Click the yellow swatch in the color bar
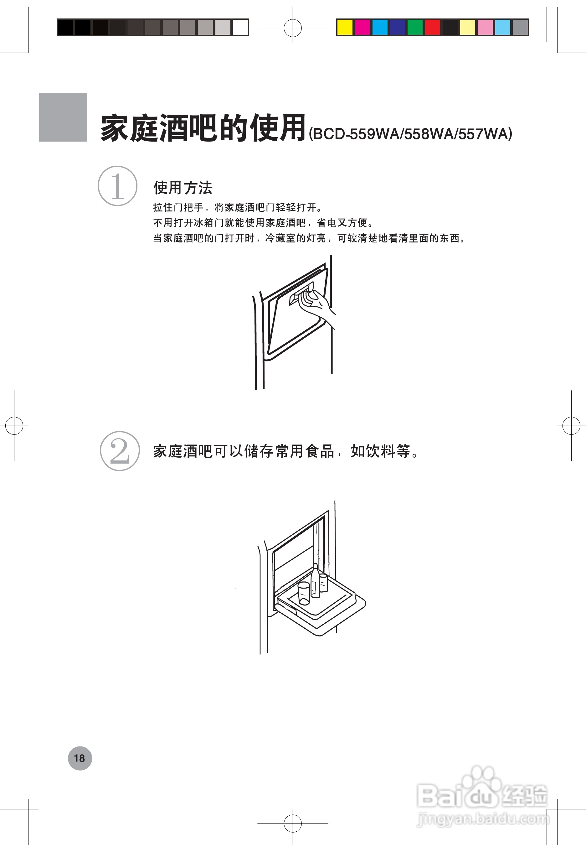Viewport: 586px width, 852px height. pos(345,28)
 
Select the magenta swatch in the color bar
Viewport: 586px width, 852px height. pos(362,28)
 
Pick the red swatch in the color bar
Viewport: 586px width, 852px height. pos(433,28)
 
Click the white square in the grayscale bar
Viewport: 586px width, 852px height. pos(240,28)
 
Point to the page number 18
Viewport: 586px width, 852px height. pos(80,758)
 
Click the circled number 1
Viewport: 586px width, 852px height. pos(117,186)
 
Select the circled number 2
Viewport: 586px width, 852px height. pos(120,451)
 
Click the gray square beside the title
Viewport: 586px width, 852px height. pos(63,117)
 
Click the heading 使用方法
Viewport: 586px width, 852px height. pos(183,188)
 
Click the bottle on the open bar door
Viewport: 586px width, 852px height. pos(315,580)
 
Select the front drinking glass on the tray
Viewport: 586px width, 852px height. pos(304,593)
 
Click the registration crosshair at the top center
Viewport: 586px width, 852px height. pos(293,28)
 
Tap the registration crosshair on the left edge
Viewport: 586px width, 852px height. pos(14,426)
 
